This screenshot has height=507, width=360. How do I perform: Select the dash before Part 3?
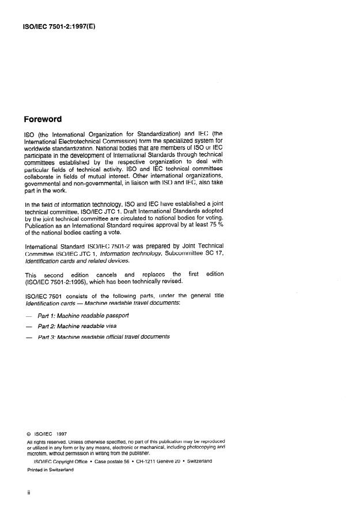[29, 337]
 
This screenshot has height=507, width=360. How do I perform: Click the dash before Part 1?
[29, 316]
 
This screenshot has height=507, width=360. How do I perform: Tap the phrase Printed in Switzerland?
[50, 470]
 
